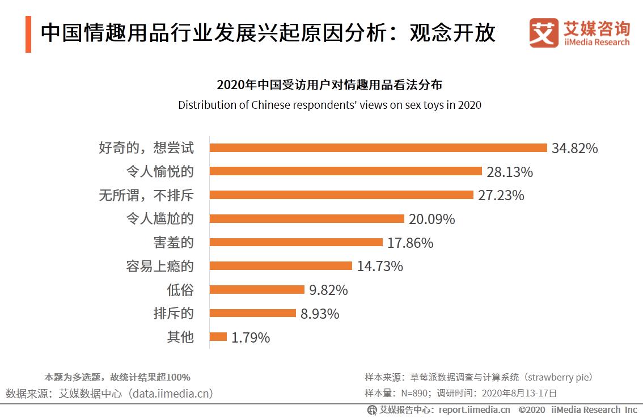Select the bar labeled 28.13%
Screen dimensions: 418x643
(x=346, y=171)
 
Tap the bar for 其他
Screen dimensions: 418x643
(x=218, y=337)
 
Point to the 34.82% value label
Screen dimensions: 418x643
(x=575, y=149)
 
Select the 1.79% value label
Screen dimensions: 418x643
(x=251, y=338)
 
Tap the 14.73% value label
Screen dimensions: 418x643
(x=380, y=266)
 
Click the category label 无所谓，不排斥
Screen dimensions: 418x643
(x=146, y=195)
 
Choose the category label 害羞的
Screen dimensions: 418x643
(x=174, y=243)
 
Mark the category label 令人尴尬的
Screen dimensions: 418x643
(x=160, y=219)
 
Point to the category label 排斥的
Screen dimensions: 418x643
(x=174, y=314)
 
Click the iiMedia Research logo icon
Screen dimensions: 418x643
(x=543, y=33)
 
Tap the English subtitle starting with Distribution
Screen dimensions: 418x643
(x=329, y=105)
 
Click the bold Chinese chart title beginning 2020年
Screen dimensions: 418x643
(x=329, y=86)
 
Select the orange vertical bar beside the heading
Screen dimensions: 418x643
(x=28, y=35)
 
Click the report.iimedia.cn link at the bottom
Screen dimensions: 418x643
(x=474, y=410)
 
